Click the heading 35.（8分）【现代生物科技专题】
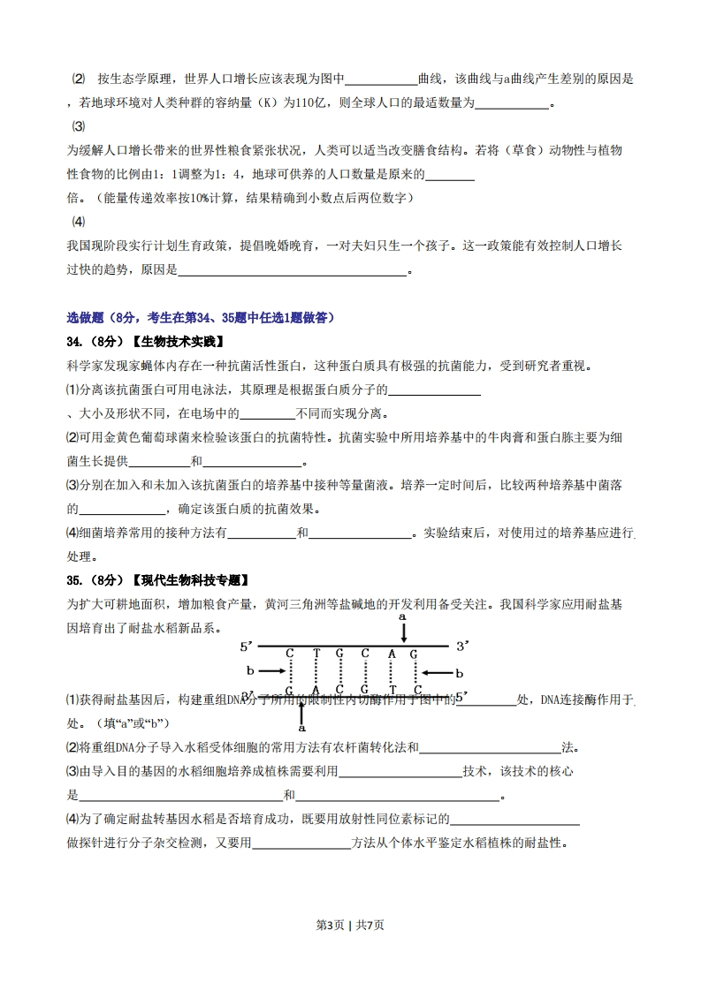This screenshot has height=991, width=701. (x=158, y=580)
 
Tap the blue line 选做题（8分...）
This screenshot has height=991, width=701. (x=201, y=318)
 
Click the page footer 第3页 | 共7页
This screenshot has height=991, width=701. (x=350, y=925)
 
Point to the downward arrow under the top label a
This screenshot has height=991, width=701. (x=403, y=632)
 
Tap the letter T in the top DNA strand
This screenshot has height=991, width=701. (x=316, y=654)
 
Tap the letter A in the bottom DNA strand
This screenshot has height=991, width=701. (x=316, y=689)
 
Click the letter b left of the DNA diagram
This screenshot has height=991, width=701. (x=250, y=671)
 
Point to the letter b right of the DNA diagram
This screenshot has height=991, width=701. (x=459, y=673)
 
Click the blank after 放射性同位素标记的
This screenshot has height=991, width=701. (x=515, y=820)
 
